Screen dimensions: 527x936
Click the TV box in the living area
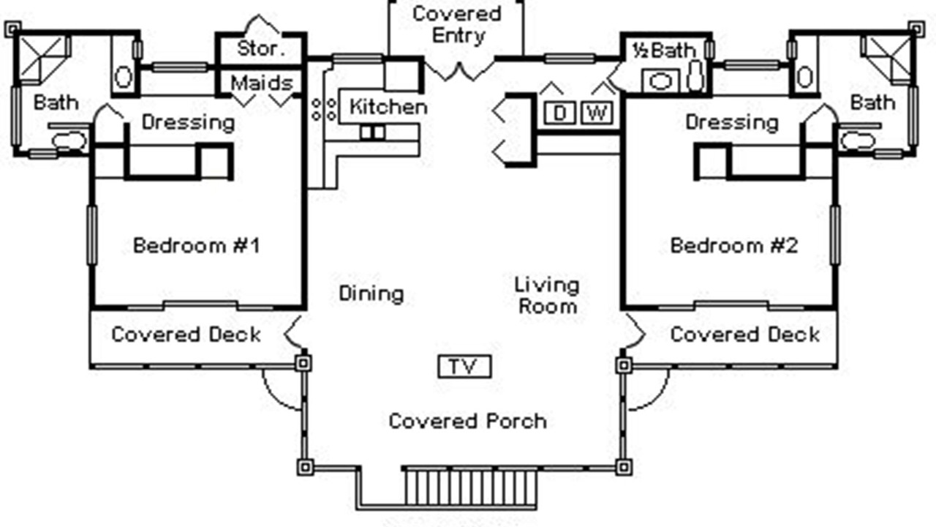tap(464, 367)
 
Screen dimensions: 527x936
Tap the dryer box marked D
tap(560, 113)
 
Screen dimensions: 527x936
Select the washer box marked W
tap(597, 113)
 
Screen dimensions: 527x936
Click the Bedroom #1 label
tap(196, 245)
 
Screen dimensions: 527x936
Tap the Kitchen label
tap(388, 107)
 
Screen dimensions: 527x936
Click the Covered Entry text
tap(457, 24)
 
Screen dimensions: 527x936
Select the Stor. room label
tap(260, 50)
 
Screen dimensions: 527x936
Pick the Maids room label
tap(262, 83)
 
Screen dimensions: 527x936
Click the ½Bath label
tap(663, 50)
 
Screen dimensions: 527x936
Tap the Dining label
tap(371, 294)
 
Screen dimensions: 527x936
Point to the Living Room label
tap(547, 295)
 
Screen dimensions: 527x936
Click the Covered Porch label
tap(467, 421)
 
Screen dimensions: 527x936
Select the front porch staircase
tap(471, 486)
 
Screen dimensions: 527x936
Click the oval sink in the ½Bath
tap(660, 81)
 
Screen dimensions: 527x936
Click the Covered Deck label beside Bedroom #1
tap(186, 334)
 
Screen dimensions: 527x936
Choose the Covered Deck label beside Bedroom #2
tap(744, 334)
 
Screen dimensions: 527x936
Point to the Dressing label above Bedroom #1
tap(188, 122)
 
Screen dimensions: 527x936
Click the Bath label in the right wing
tap(873, 102)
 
